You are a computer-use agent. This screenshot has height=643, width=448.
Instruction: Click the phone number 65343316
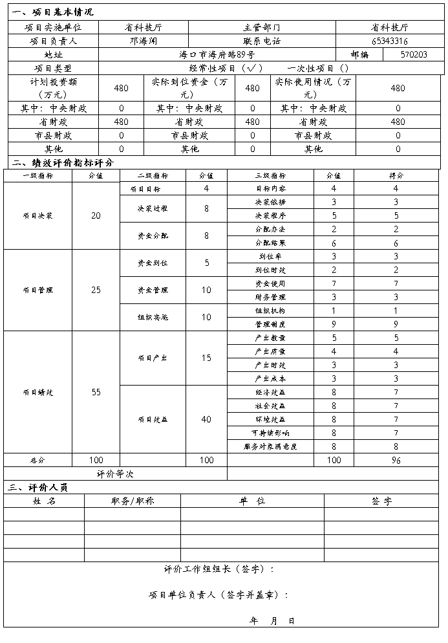coord(389,41)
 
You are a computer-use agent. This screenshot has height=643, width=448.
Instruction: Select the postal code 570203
coord(413,54)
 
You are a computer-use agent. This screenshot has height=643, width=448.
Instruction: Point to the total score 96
coord(396,460)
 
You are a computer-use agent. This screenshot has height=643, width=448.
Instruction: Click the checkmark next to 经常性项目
coord(250,68)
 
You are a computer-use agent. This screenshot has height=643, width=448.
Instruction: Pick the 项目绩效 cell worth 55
coord(96,392)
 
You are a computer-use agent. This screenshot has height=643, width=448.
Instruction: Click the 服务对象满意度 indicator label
coord(270,446)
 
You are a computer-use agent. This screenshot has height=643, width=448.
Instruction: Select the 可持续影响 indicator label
coord(270,433)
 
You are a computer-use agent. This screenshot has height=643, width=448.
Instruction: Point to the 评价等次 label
coord(115,474)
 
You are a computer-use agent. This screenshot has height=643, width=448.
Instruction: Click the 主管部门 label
coord(262,28)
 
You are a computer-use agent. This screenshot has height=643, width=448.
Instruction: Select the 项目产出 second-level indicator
coord(153,358)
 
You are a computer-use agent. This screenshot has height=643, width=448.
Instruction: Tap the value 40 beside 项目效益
coord(206,419)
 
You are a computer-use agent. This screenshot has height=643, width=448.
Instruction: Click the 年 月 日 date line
coord(272,620)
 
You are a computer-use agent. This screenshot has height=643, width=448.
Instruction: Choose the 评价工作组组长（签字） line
coord(219,569)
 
